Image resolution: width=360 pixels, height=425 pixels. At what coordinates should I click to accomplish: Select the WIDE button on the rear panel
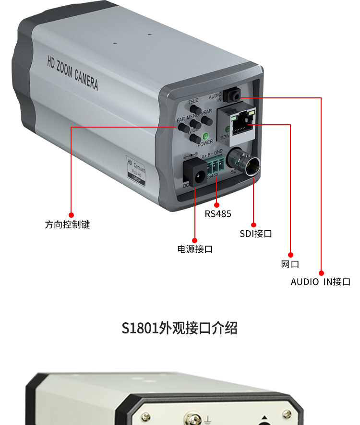pyautogui.click(x=195, y=139)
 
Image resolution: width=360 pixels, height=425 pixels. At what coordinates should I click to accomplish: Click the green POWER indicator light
pyautogui.click(x=205, y=135)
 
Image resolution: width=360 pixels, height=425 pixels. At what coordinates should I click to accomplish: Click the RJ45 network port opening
pyautogui.click(x=240, y=125)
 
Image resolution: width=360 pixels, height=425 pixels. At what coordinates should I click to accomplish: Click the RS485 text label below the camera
pyautogui.click(x=218, y=214)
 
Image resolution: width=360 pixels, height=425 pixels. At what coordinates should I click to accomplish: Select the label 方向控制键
pyautogui.click(x=68, y=224)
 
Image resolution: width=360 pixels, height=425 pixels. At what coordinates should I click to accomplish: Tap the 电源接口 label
pyautogui.click(x=195, y=249)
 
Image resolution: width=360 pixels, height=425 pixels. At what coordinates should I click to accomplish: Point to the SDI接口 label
pyautogui.click(x=256, y=234)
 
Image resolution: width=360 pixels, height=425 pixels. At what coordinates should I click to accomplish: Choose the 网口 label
pyautogui.click(x=290, y=264)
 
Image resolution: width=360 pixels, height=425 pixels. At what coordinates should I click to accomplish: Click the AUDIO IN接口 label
pyautogui.click(x=320, y=282)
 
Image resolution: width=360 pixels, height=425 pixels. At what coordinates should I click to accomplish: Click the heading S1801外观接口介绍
pyautogui.click(x=180, y=329)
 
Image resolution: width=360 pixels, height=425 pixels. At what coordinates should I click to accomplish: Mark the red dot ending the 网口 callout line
pyautogui.click(x=290, y=254)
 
